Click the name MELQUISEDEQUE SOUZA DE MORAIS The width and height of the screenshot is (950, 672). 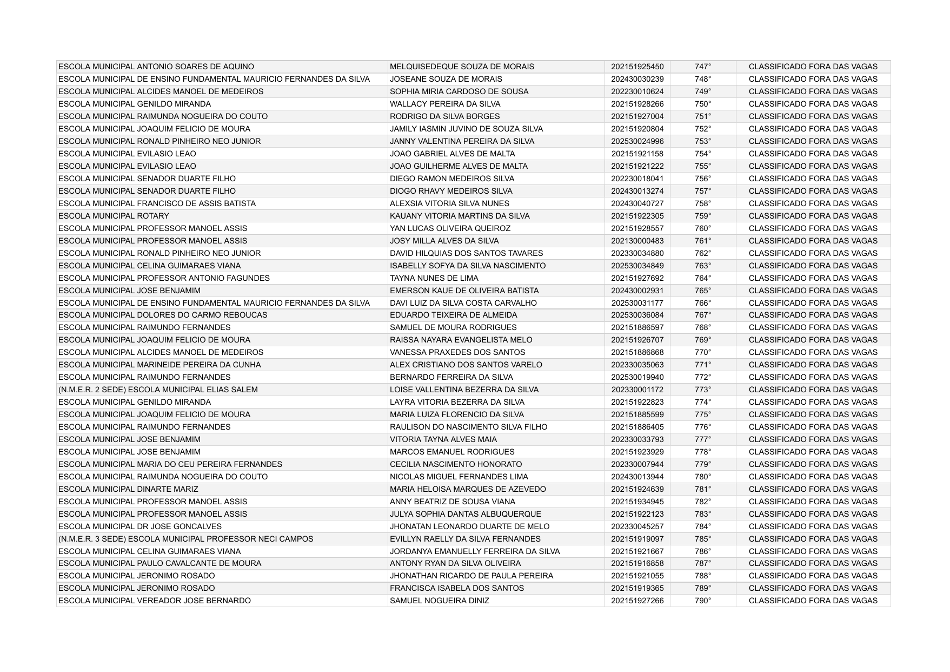pos(462,67)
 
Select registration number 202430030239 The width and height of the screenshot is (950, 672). pos(637,79)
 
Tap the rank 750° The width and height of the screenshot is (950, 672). pos(703,104)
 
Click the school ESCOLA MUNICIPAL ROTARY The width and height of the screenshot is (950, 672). pos(114,216)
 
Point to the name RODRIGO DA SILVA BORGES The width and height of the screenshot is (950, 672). pos(444,116)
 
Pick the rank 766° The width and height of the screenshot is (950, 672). pos(703,303)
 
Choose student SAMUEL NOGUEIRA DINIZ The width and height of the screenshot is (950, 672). pos(439,601)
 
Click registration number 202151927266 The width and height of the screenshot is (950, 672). pos(637,601)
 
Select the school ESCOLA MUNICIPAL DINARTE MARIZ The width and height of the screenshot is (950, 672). pos(128,489)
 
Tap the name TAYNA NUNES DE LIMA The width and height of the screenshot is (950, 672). pos(434,278)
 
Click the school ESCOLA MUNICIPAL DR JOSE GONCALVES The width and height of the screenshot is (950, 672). pos(139,526)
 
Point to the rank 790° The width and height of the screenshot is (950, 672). pos(703,601)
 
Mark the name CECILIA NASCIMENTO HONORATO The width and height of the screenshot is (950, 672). pos(456,464)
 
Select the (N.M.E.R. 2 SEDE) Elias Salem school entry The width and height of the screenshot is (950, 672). pos(158,390)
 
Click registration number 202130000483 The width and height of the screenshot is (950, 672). pos(637,241)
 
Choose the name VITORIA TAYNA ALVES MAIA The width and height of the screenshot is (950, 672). pos(443,439)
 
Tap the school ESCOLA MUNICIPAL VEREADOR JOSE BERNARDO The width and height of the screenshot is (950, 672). pos(154,601)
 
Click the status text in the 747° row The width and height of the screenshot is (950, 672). pos(813,67)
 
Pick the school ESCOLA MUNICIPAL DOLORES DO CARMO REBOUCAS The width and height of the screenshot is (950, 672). pos(163,315)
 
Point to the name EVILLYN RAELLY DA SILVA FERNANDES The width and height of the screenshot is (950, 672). pos(465,539)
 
